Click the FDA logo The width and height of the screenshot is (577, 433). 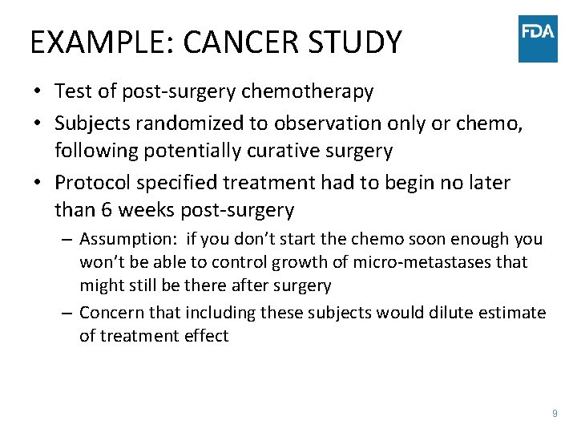[x=538, y=38]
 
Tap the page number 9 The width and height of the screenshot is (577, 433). [x=554, y=414]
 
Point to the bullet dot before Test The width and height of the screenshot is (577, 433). [x=38, y=92]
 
